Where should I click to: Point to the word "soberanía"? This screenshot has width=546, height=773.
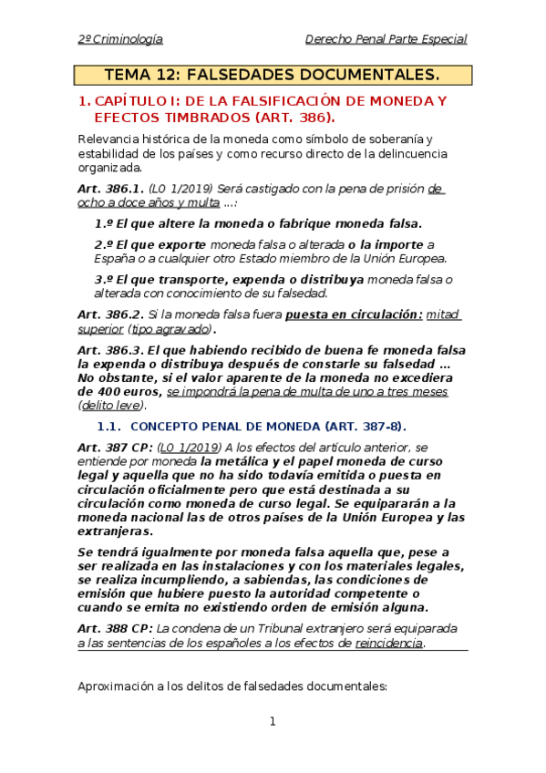397,139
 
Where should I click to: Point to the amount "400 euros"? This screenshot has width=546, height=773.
130,391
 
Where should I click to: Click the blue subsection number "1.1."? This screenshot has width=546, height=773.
108,427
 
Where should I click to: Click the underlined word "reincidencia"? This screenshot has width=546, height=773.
389,643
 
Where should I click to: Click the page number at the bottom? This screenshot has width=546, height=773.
272,722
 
